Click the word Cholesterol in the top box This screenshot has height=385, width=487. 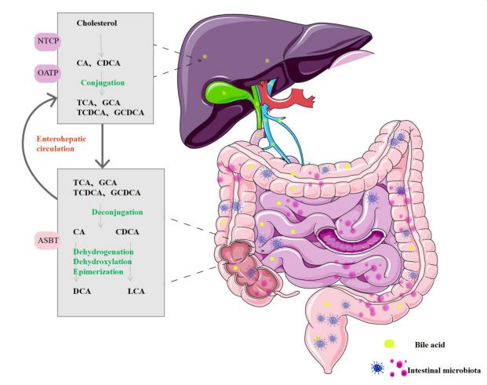click(96, 24)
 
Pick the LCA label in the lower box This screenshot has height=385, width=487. click(136, 291)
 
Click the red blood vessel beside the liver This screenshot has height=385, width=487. click(294, 98)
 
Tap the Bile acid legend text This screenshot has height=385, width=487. click(428, 344)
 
